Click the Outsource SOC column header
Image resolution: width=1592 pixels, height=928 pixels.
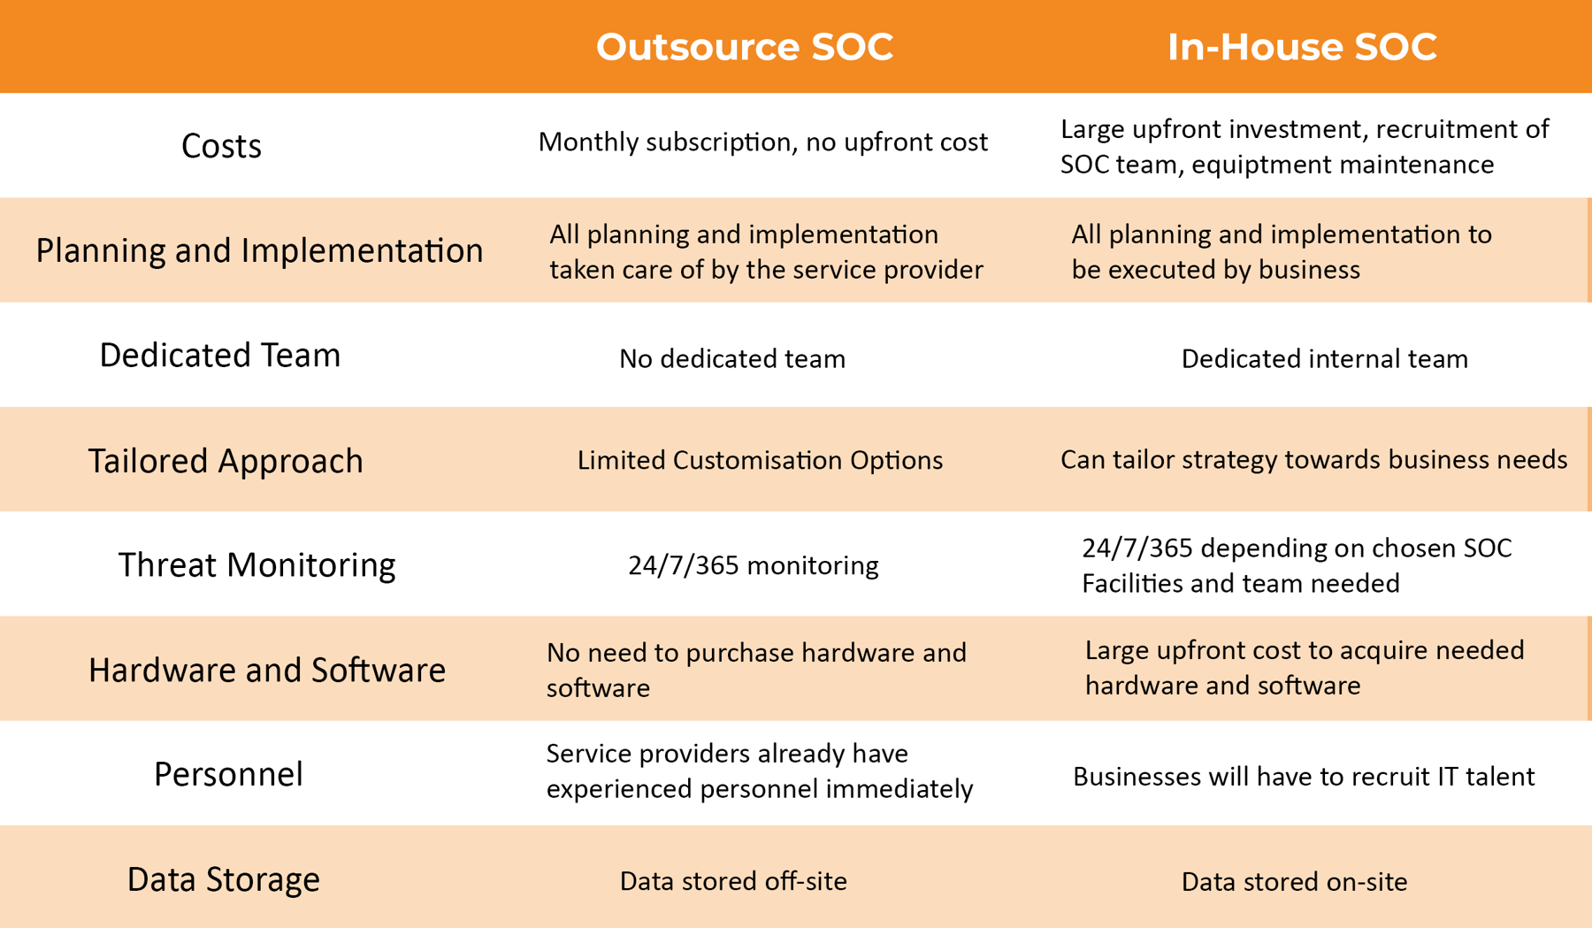[x=744, y=47]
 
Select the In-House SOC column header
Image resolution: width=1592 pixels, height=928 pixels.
[x=1302, y=47]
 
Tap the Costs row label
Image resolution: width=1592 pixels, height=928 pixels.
[x=221, y=146]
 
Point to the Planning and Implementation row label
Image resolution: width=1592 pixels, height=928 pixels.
[x=259, y=250]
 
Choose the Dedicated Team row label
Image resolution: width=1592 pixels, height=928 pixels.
[x=219, y=356]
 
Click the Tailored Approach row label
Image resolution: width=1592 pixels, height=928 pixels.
[x=226, y=461]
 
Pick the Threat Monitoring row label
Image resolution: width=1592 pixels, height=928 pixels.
[x=256, y=565]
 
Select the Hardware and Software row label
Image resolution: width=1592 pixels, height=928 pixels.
[x=266, y=671]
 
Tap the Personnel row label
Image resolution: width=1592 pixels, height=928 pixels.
[x=228, y=775]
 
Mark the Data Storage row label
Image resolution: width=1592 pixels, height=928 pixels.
[x=223, y=879]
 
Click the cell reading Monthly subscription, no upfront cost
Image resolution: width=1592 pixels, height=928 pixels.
[x=762, y=142]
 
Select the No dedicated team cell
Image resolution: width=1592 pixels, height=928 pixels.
[x=732, y=358]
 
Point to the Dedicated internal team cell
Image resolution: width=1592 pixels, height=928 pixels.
[x=1324, y=358]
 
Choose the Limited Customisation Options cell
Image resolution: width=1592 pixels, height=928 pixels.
[x=760, y=460]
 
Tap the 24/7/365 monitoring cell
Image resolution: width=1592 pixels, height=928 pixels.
[x=753, y=565]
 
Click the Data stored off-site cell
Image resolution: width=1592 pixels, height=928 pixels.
[x=733, y=881]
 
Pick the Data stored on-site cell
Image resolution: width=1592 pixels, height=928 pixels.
[x=1294, y=882]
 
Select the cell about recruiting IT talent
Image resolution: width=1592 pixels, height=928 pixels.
[x=1303, y=777]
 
